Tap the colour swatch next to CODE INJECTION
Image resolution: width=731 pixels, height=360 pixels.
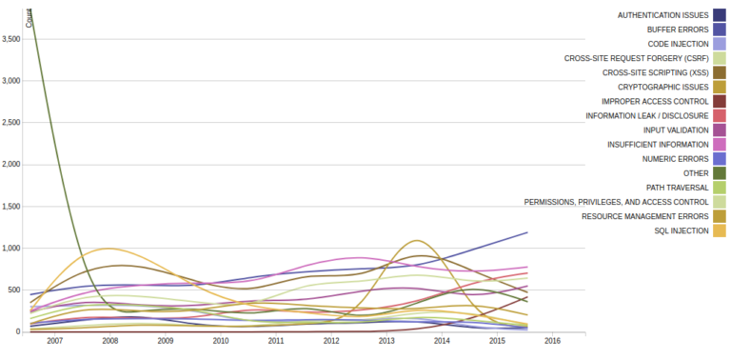point(720,44)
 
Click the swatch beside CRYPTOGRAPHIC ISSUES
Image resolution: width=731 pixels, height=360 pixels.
point(720,87)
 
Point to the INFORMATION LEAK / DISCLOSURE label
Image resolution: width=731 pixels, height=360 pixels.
point(647,115)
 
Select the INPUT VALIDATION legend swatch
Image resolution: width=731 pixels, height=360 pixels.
point(720,130)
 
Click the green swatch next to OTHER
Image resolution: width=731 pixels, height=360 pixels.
point(720,172)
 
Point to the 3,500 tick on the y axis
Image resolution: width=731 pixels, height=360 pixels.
point(11,39)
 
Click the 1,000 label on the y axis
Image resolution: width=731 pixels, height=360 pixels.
point(11,249)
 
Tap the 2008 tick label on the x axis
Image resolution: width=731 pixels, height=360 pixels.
point(109,340)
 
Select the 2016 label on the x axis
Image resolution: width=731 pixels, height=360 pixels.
point(552,340)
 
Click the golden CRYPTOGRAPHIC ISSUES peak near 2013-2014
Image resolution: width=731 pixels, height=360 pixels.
point(417,241)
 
